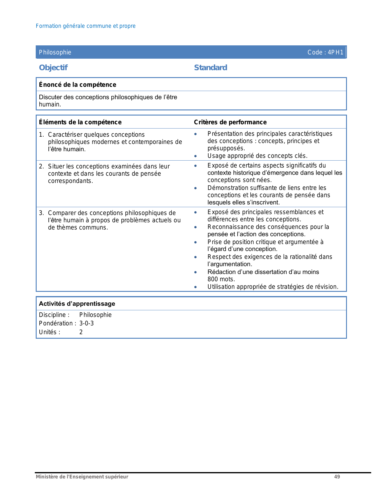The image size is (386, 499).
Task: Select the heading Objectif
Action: tap(53, 67)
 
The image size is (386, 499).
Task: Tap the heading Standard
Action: tap(210, 67)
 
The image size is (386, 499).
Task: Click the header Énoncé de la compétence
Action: tap(78, 85)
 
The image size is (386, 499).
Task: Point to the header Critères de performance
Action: tap(230, 122)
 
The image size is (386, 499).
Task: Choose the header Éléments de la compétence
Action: tap(80, 122)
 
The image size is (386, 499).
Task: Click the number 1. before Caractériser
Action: tap(41, 135)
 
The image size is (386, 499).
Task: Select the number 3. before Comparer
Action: tap(41, 213)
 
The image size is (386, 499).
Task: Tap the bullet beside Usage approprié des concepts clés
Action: tap(196, 156)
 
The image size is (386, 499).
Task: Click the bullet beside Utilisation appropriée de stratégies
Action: tap(196, 287)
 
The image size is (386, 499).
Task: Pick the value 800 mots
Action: tap(221, 279)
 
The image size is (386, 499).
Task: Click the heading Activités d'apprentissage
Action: tap(77, 304)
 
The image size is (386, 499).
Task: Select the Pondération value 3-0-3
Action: tap(87, 323)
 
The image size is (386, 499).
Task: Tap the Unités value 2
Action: tap(81, 332)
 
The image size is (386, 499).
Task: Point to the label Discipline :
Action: tap(54, 315)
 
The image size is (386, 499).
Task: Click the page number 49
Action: tap(337, 477)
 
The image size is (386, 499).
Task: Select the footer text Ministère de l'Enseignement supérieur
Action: tap(82, 477)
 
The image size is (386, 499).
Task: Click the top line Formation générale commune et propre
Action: tap(86, 26)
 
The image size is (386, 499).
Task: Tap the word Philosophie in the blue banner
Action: tap(55, 52)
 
